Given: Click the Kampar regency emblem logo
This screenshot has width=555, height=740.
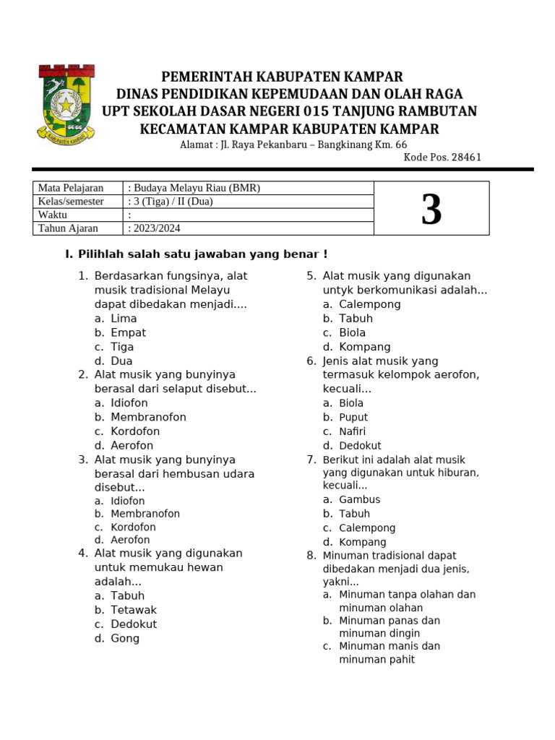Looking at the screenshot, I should point(66,103).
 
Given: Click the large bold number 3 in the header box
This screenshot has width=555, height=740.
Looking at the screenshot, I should point(431,210).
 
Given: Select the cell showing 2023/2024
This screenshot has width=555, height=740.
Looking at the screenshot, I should point(155,228).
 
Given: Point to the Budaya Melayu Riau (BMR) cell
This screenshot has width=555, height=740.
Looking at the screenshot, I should point(195,188).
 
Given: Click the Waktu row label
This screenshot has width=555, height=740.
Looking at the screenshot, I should point(52,215).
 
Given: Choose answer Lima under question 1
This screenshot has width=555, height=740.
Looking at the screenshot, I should point(124,319).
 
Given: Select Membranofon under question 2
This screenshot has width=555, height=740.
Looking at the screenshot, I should point(148,417).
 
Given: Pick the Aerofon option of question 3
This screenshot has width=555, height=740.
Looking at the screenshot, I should point(130,540).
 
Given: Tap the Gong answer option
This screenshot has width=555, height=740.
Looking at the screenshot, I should point(125,638).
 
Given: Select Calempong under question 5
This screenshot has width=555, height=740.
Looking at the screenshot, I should point(369,304).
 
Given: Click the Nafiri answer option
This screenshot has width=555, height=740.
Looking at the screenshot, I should point(353,431).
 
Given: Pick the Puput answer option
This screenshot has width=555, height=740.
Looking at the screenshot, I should point(353,417).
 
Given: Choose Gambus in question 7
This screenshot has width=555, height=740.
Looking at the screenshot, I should point(359,499).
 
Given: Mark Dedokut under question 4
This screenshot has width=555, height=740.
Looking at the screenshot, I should point(134,624).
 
